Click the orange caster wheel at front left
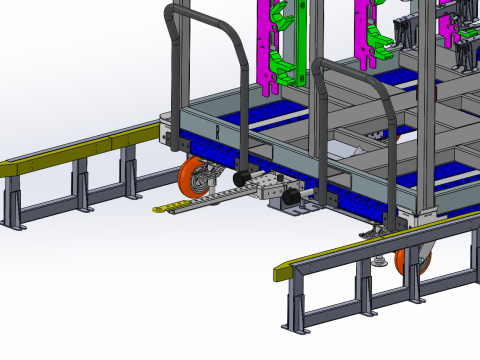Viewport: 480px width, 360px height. point(191,180)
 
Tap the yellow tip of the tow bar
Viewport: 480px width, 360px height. point(160,210)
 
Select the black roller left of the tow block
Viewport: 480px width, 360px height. point(240,179)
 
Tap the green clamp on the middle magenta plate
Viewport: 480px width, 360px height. point(374,40)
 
